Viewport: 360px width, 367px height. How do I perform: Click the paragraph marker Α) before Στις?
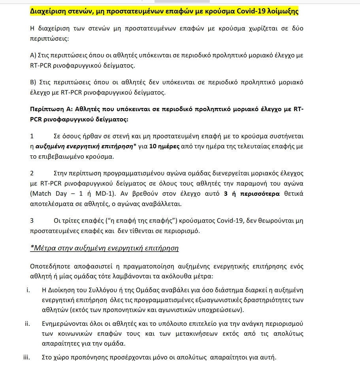(x=33, y=55)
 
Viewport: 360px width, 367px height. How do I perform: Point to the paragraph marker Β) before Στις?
(x=33, y=82)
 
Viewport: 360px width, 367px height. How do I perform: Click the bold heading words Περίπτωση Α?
(x=51, y=109)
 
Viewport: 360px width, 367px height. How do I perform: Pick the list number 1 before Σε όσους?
(x=32, y=136)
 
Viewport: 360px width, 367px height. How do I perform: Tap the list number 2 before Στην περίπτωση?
(x=32, y=173)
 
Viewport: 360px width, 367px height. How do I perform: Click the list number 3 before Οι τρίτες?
(x=32, y=220)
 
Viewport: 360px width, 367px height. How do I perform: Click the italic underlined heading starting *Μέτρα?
(x=104, y=248)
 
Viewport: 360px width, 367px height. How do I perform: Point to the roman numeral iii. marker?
(x=26, y=358)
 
